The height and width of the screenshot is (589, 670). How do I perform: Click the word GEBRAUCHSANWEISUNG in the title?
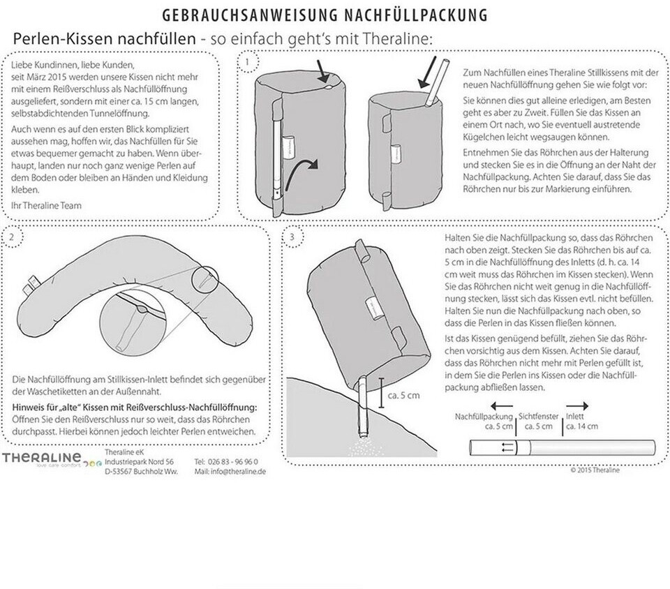241,15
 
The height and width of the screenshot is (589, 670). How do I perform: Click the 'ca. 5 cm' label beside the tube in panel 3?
405,396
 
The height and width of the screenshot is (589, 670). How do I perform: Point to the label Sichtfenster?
538,416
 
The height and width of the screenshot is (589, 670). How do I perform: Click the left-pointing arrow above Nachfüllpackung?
501,405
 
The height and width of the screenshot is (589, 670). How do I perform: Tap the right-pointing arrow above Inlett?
575,405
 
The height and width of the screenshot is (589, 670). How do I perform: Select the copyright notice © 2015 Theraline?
595,470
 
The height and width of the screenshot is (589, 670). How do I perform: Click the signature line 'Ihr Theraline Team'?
46,205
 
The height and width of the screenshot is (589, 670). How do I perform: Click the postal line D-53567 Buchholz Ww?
141,472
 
